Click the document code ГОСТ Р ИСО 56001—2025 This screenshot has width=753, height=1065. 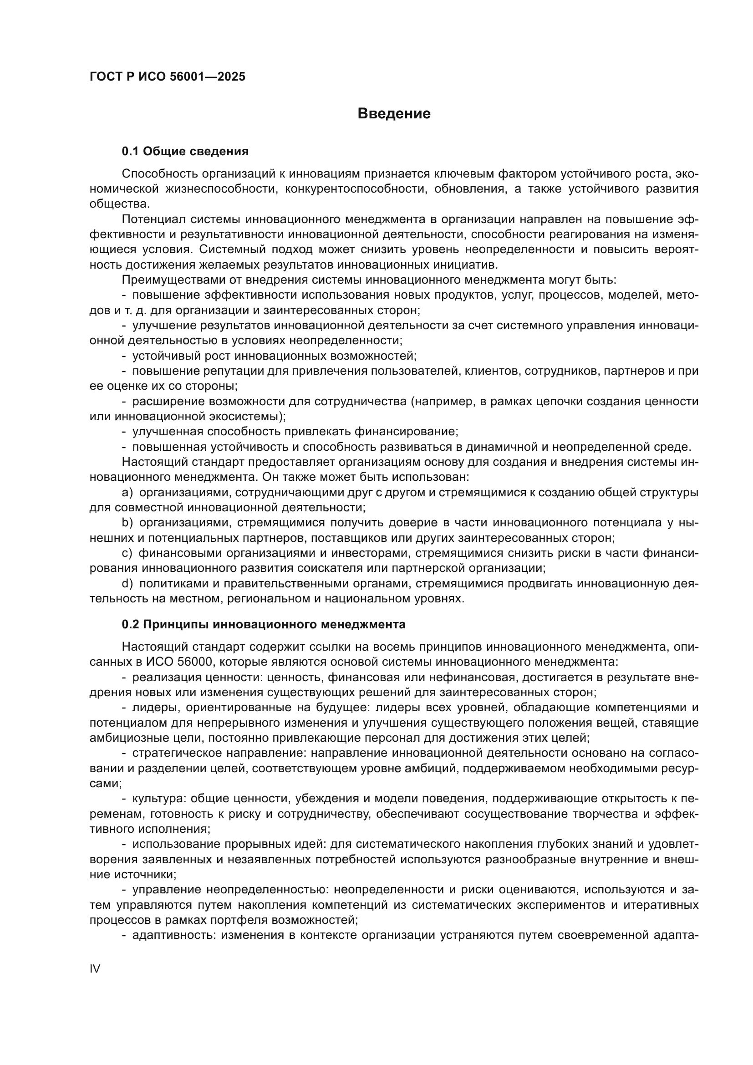tap(167, 76)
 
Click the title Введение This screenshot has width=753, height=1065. tap(394, 114)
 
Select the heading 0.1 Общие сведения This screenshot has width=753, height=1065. tap(185, 151)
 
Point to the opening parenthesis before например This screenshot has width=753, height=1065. tap(412, 402)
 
